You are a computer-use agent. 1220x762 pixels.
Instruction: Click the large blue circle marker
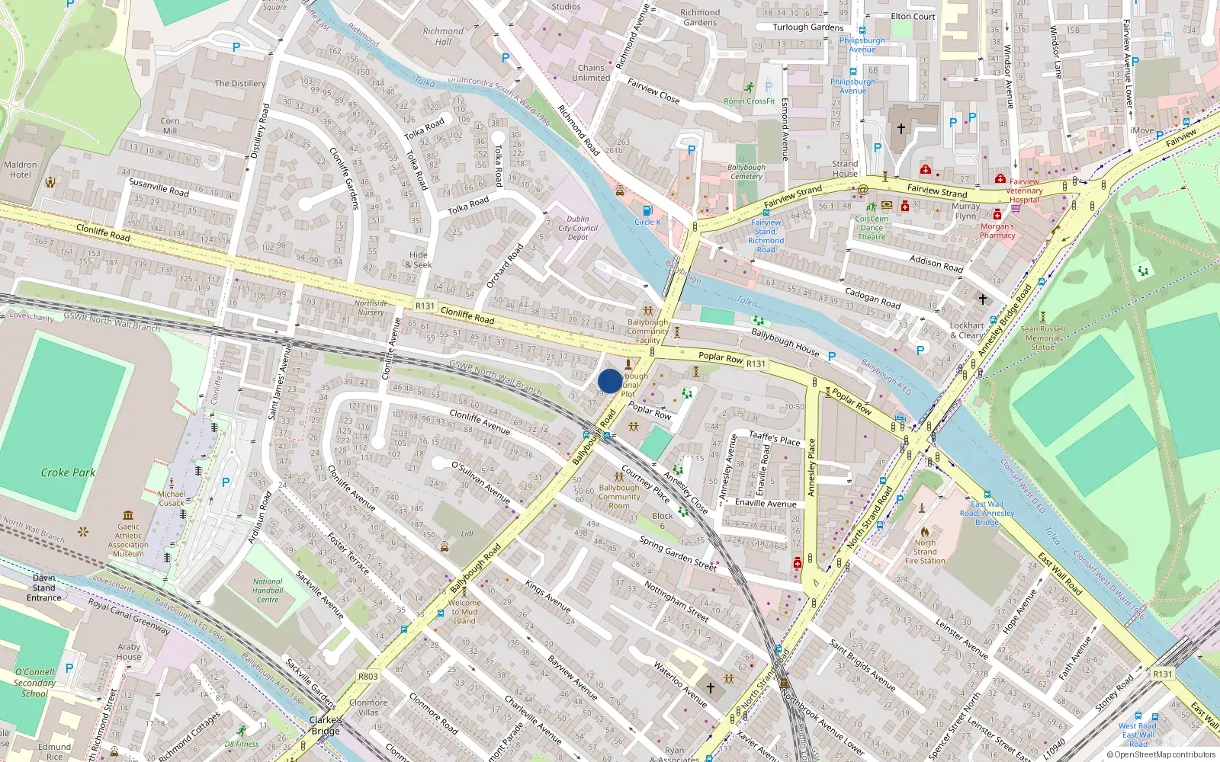(609, 381)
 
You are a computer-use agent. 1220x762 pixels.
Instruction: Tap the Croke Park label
(68, 472)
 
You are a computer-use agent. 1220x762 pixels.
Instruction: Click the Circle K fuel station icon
(647, 211)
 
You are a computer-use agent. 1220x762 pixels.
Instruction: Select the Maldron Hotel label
(21, 169)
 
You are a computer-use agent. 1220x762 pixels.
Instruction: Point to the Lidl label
(467, 533)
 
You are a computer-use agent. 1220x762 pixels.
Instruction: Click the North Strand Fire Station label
(924, 552)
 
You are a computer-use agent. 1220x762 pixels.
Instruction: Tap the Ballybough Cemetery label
(746, 171)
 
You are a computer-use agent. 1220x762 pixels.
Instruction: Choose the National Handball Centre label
(268, 591)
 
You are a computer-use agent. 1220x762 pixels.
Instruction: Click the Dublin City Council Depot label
(577, 228)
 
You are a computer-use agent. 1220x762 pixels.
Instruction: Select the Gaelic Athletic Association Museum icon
(128, 516)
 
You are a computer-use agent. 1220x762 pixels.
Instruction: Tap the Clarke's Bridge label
(326, 725)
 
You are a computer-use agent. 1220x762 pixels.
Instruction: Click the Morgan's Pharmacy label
(997, 230)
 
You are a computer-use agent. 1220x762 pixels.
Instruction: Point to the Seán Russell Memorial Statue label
(1042, 338)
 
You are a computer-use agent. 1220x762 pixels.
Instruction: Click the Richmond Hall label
(443, 37)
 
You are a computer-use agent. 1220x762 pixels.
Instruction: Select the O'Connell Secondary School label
(34, 683)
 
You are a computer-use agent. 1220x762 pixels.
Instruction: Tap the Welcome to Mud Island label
(464, 612)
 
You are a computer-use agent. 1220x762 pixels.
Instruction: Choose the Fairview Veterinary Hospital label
(1024, 190)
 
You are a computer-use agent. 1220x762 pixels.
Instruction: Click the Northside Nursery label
(371, 308)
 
